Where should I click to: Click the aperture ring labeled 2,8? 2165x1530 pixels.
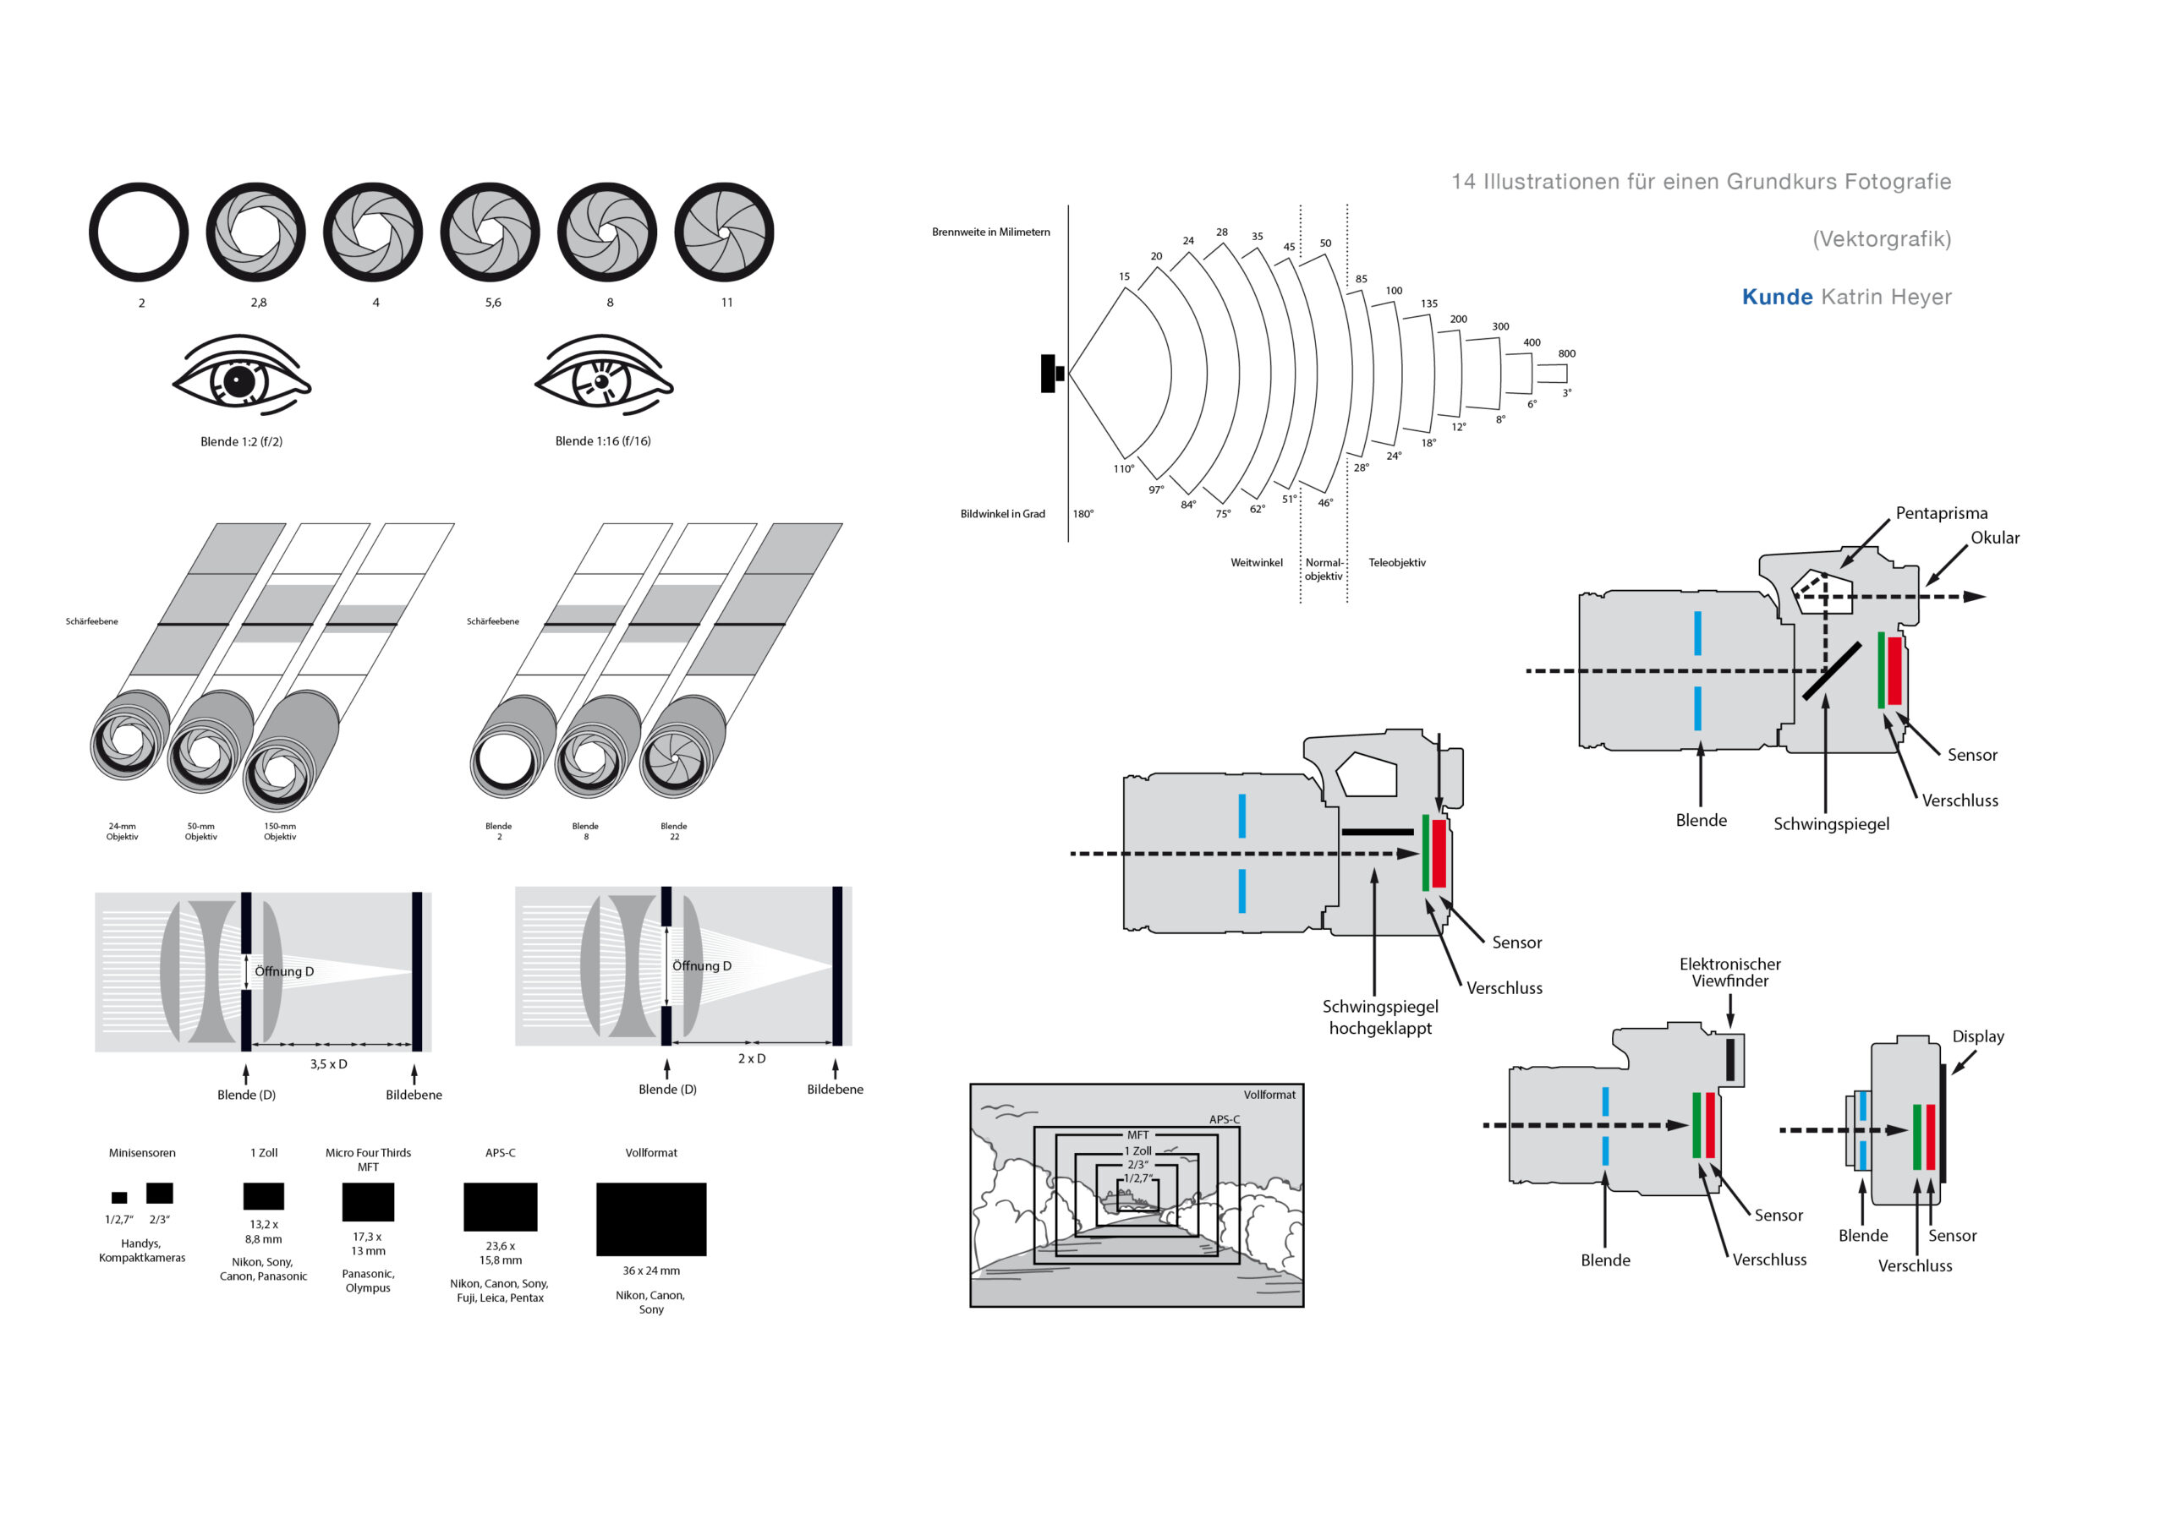(255, 232)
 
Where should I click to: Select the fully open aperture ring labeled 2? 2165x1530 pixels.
(139, 232)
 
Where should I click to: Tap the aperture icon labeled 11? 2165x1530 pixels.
(724, 232)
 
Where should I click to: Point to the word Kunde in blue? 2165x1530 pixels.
(1777, 297)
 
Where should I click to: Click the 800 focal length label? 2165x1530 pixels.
(1566, 353)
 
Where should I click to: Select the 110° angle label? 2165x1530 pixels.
(1123, 468)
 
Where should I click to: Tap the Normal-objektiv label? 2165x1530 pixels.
(1324, 570)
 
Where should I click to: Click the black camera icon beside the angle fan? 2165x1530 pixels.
(1050, 374)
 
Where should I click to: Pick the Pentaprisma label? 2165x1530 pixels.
(1942, 513)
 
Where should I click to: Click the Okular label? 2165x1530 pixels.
(1995, 538)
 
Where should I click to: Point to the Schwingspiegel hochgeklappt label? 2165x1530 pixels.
(1380, 1017)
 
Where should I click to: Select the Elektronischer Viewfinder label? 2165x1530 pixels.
(1729, 972)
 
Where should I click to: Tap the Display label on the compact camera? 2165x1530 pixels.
(1978, 1036)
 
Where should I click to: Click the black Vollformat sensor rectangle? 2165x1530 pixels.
(650, 1219)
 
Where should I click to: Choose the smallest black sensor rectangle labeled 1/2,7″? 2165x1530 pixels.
(118, 1197)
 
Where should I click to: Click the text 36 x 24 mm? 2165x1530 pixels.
(650, 1270)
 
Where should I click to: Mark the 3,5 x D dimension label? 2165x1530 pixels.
(328, 1064)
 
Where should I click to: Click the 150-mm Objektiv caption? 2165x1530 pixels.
(280, 832)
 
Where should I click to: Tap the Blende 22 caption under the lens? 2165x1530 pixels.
(674, 832)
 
